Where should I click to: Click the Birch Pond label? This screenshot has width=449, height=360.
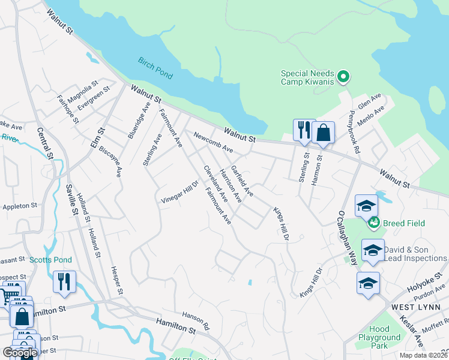point(155,68)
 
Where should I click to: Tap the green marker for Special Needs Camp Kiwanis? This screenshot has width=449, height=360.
point(343,76)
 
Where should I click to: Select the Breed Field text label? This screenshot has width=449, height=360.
point(403,223)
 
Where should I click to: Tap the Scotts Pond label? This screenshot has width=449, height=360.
point(50,260)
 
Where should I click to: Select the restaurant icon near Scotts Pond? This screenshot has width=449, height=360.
point(64,281)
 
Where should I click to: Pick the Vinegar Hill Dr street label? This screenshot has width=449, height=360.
point(179,191)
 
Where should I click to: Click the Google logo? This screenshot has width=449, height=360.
point(20,353)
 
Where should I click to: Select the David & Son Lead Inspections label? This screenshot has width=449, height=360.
point(415,254)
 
